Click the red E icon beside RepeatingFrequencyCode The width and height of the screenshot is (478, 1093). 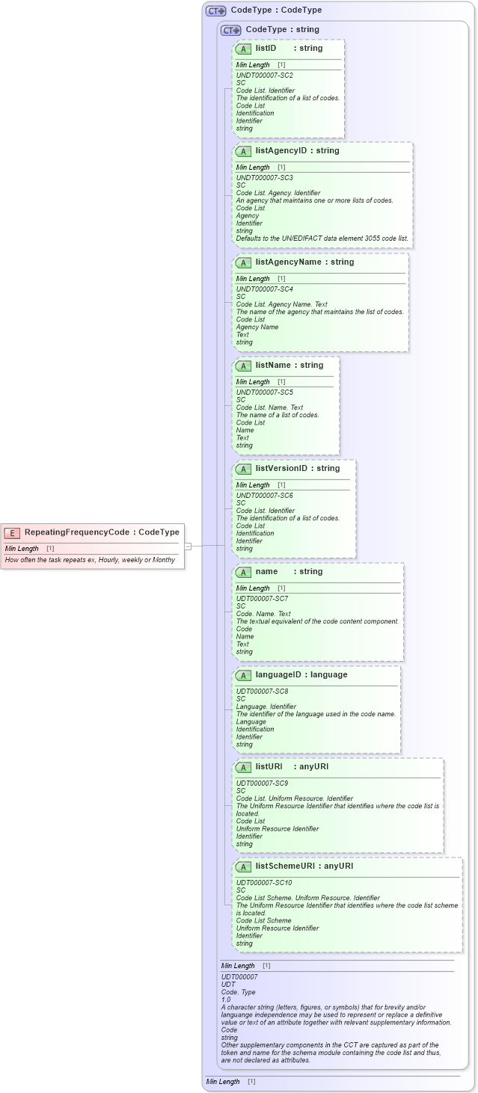point(12,532)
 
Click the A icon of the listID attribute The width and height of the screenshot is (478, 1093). point(243,49)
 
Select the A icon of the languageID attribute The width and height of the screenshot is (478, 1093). point(243,675)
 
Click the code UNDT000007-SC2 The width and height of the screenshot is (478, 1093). point(264,76)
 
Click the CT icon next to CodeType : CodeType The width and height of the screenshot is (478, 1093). point(215,10)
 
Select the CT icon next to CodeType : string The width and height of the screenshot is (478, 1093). point(230,30)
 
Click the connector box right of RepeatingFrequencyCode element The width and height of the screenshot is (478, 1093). point(189,546)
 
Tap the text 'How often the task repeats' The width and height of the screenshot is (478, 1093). point(49,560)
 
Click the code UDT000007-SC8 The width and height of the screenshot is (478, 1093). point(262,692)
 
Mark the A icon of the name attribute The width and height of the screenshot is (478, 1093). point(243,572)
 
